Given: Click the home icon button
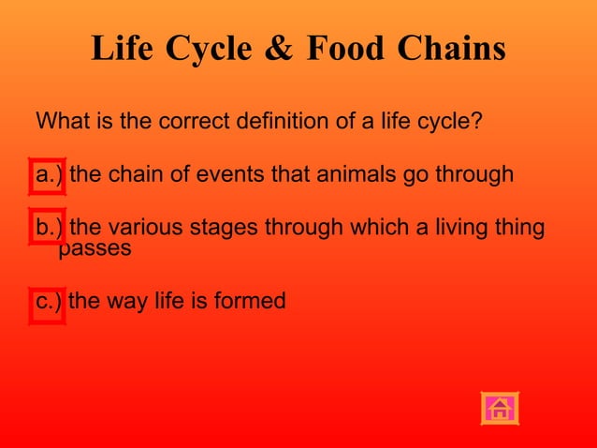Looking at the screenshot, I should coord(500,408).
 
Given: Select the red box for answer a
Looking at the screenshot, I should coord(47,175).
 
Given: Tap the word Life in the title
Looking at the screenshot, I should coord(124,49).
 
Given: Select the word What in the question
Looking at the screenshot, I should coord(61,122).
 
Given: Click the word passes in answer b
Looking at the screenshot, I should coord(95,249).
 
